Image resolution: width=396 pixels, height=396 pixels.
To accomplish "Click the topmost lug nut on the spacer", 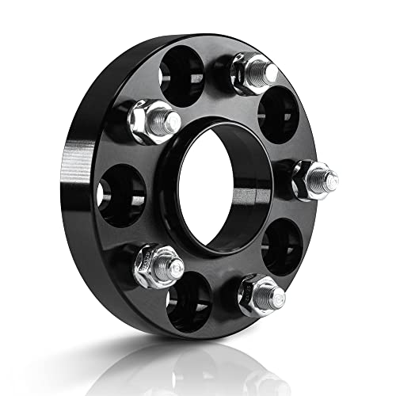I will pyautogui.click(x=252, y=72).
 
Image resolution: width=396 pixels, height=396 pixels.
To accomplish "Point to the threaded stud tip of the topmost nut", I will pyautogui.click(x=269, y=71).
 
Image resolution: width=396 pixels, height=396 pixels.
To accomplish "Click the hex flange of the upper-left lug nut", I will pyautogui.click(x=143, y=127).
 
